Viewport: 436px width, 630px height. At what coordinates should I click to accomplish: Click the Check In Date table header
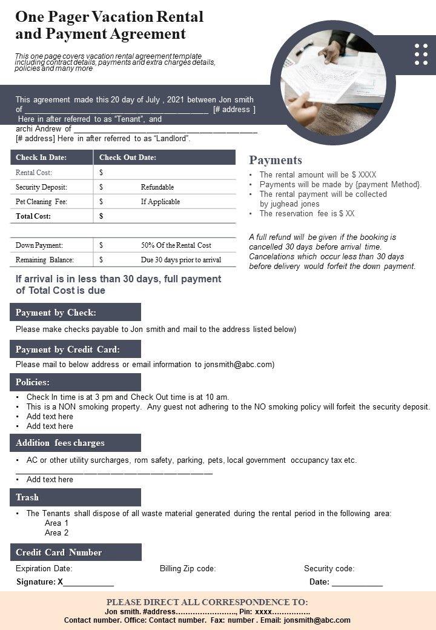pyautogui.click(x=41, y=157)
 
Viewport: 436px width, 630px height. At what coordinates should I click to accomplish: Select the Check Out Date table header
pyautogui.click(x=128, y=157)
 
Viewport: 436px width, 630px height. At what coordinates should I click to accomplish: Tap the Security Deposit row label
pyautogui.click(x=41, y=187)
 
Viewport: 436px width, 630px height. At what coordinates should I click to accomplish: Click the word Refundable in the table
pyautogui.click(x=157, y=187)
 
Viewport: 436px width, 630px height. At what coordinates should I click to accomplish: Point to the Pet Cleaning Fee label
pyautogui.click(x=41, y=202)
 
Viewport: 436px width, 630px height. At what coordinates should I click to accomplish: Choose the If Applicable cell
pyautogui.click(x=160, y=202)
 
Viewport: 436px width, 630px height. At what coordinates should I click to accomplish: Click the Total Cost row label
pyautogui.click(x=33, y=216)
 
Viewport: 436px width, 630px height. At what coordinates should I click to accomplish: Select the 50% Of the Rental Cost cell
pyautogui.click(x=176, y=245)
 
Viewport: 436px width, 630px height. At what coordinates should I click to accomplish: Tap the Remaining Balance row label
pyautogui.click(x=45, y=260)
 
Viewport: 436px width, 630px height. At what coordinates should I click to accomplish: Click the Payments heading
pyautogui.click(x=276, y=160)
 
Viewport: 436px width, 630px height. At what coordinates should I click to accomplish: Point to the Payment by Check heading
pyautogui.click(x=56, y=313)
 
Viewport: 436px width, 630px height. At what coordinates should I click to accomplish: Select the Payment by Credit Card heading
pyautogui.click(x=68, y=350)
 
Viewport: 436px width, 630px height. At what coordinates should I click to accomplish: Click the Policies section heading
pyautogui.click(x=33, y=382)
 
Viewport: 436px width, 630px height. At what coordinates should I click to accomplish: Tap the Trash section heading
pyautogui.click(x=27, y=497)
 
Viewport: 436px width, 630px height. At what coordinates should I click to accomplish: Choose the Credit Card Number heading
pyautogui.click(x=59, y=552)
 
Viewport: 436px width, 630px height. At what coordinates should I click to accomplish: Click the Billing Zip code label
pyautogui.click(x=188, y=569)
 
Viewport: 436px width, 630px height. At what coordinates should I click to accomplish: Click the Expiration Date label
pyautogui.click(x=44, y=569)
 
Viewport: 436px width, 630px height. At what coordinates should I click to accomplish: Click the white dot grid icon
pyautogui.click(x=421, y=55)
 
